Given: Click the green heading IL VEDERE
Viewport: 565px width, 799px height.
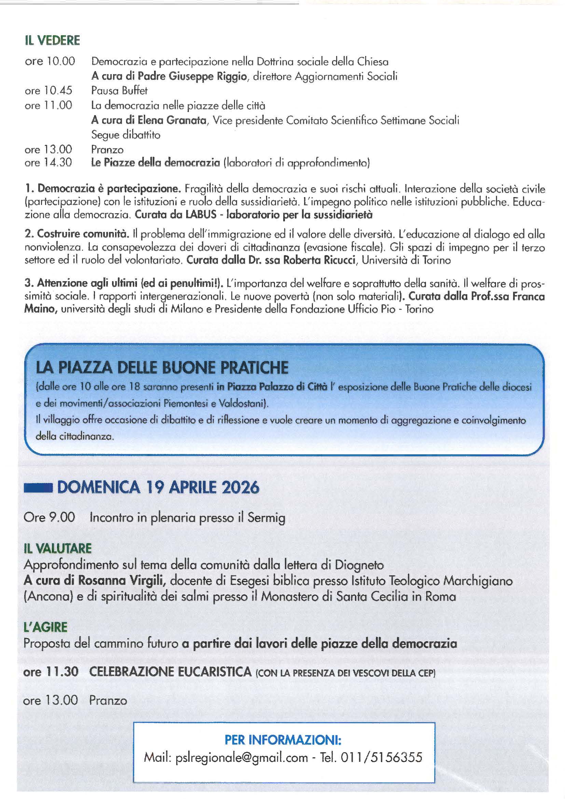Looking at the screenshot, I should [x=52, y=40].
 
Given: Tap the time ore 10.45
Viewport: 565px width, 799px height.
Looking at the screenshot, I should [x=49, y=91].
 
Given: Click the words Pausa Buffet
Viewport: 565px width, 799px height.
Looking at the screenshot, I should [x=119, y=91].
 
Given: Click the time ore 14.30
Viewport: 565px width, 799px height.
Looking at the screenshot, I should [x=48, y=163].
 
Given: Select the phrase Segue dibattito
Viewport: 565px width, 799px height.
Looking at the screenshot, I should [x=126, y=135].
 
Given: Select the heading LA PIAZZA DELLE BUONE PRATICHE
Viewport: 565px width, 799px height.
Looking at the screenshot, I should [x=162, y=368].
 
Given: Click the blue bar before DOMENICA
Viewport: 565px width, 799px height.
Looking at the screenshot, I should [x=38, y=488].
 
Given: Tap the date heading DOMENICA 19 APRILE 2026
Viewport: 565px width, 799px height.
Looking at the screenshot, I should [x=158, y=487].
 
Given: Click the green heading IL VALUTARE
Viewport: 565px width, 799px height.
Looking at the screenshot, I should [x=57, y=549].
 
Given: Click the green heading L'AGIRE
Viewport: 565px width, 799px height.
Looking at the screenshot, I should [x=45, y=627].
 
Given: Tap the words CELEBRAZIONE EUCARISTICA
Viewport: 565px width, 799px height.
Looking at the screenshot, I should [x=170, y=672].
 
